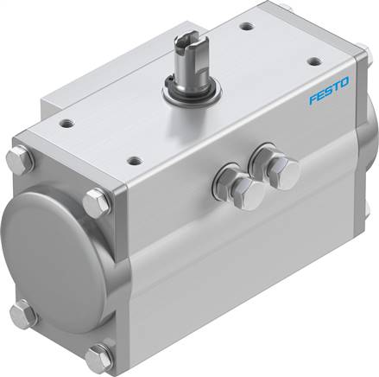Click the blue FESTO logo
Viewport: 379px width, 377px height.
[x=329, y=90]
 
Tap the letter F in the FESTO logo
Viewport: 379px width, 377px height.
[x=313, y=99]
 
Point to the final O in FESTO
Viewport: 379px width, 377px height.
[x=344, y=82]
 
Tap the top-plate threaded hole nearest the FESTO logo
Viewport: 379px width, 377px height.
[x=313, y=61]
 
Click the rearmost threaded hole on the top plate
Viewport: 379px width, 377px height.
[x=247, y=27]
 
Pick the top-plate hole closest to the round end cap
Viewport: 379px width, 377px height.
[x=67, y=124]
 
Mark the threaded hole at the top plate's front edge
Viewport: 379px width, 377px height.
[x=135, y=160]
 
